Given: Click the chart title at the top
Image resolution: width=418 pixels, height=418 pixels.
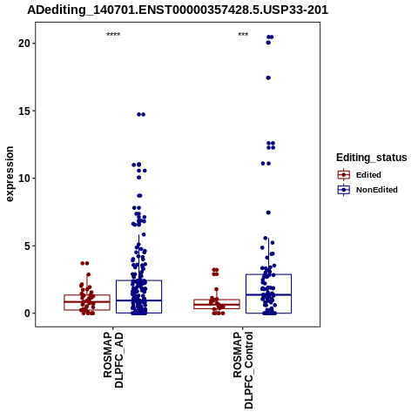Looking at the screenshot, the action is coord(178,10).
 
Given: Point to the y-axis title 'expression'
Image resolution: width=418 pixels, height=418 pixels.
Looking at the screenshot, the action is coord(10,174).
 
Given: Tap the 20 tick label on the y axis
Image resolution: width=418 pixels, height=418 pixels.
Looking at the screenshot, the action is coord(24,44).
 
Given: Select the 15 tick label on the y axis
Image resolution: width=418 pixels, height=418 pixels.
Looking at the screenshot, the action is coord(24,111).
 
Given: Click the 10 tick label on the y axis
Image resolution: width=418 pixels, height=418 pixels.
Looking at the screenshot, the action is coord(24,179).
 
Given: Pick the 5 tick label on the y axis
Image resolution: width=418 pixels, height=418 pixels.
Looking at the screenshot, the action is coord(28,246).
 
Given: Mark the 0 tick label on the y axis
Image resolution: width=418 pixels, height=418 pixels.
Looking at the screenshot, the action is coord(28,313).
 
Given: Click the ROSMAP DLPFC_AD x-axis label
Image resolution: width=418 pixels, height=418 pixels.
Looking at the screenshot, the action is coord(113,360).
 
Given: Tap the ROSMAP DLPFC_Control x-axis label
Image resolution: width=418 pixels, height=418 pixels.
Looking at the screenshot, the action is coord(243,370).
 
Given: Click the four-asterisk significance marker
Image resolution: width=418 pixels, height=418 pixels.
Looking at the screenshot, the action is coord(113,35).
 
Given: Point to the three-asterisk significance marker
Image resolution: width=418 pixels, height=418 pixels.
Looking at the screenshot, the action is coord(243,35).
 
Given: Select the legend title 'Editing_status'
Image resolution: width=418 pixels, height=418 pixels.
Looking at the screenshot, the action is coord(372,158).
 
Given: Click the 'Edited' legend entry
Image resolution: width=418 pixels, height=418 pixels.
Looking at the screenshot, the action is coord(368,175).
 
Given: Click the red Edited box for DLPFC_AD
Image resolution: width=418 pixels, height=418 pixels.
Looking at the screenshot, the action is coord(87,302).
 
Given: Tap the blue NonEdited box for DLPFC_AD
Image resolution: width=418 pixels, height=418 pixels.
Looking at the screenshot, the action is coord(138,297).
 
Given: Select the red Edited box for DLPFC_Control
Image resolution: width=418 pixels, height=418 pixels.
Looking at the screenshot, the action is coord(217,304).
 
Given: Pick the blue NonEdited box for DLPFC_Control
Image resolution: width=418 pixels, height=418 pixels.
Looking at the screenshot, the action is coord(268,293).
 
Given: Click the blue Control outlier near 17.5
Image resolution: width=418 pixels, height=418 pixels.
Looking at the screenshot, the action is coord(268,78).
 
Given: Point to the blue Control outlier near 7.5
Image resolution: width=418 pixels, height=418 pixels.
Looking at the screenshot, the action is coord(268,212).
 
